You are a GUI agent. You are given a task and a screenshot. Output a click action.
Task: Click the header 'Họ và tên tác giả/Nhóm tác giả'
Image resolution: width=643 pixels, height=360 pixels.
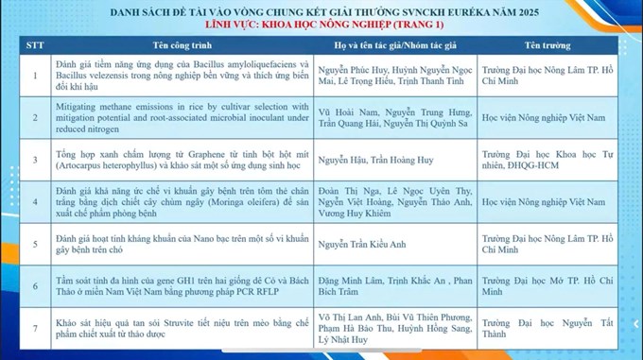[x=393, y=44]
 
